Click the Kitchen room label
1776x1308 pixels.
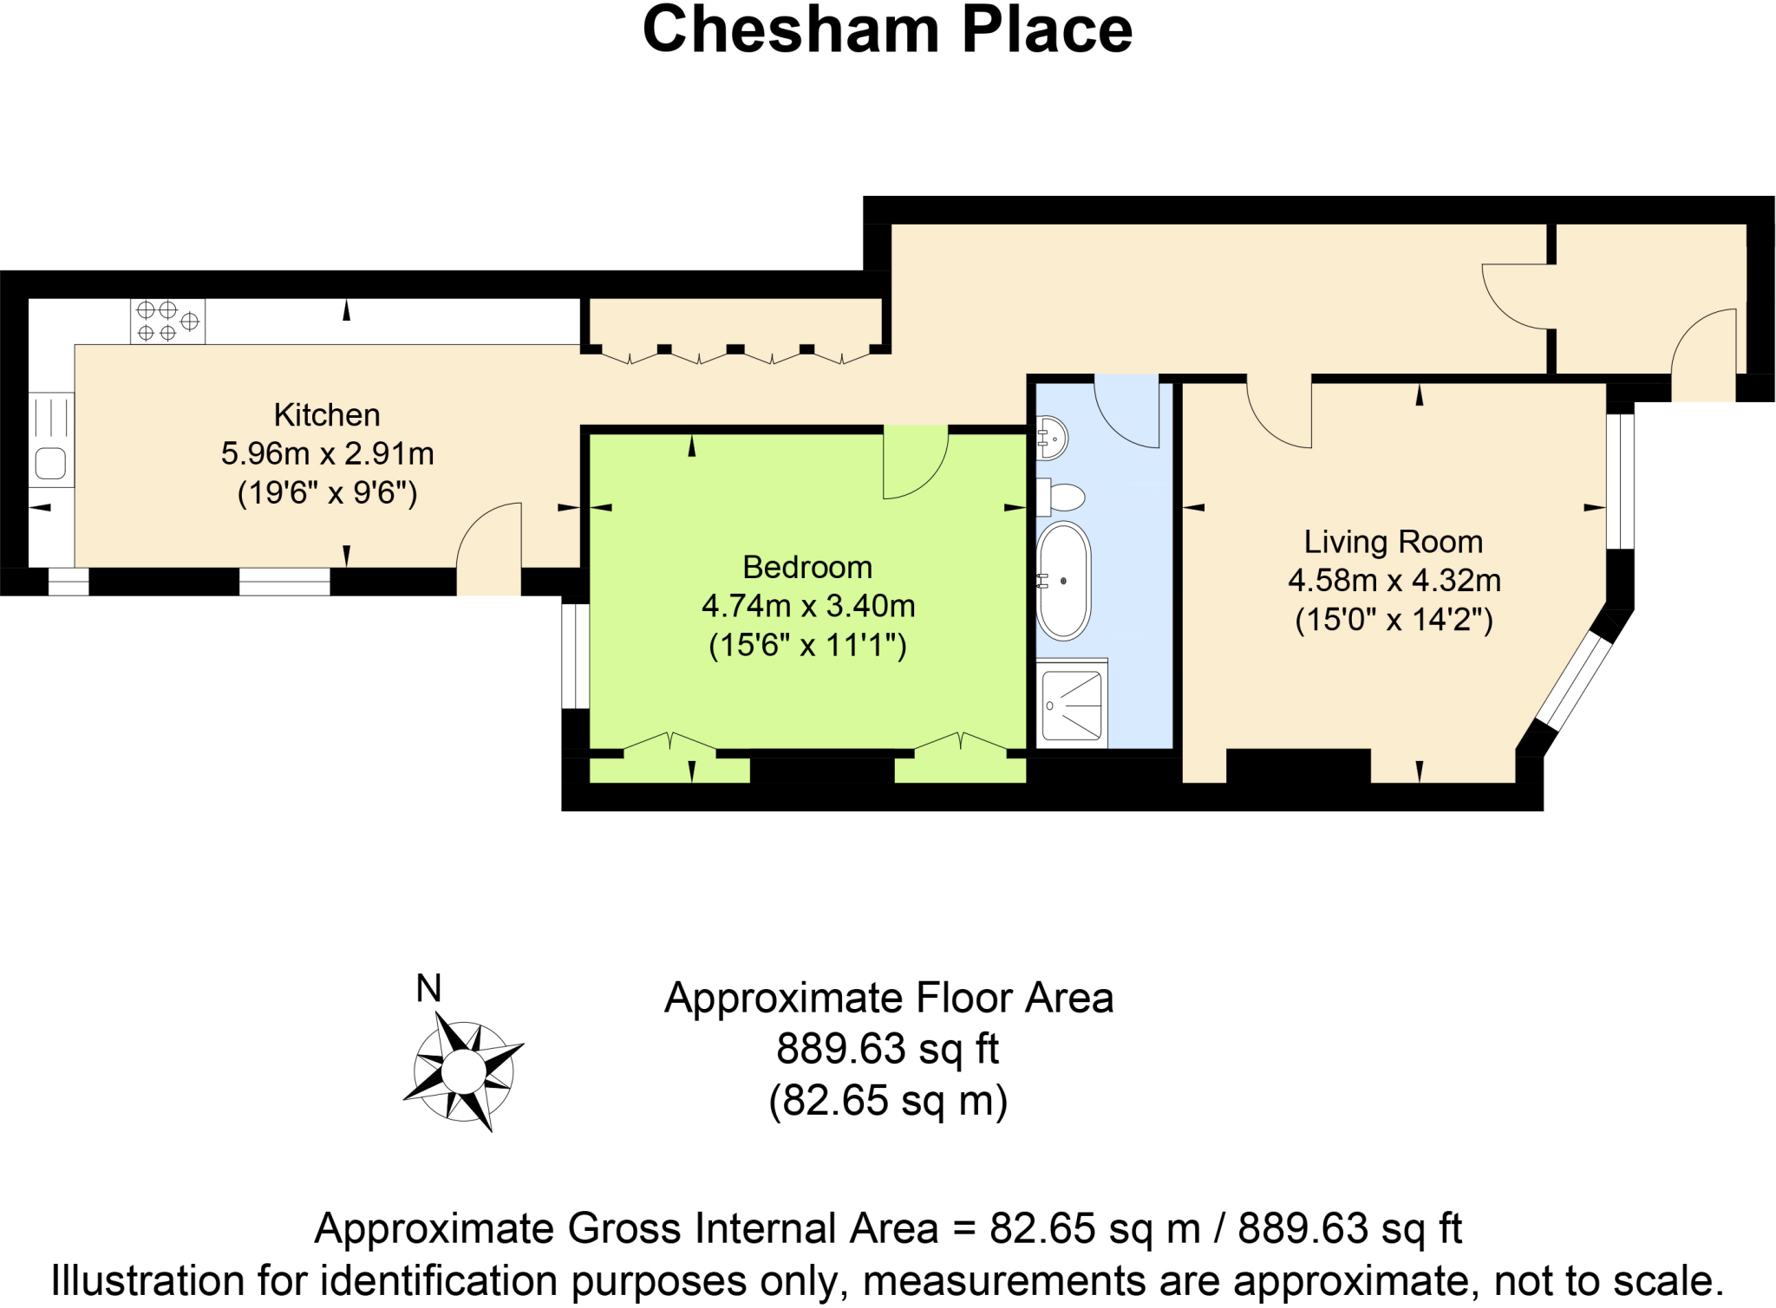point(327,415)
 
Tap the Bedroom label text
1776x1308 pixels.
point(807,567)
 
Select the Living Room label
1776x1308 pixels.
point(1394,542)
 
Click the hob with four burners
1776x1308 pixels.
point(167,322)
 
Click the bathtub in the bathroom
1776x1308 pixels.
point(1063,581)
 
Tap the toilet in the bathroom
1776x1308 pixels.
point(1063,498)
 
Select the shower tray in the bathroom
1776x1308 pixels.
point(1072,705)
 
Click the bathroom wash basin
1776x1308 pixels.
point(1053,438)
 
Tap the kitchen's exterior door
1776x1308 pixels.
point(487,550)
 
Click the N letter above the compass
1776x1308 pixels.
point(428,988)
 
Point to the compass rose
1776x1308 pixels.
point(464,1072)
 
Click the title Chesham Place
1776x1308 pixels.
point(887,30)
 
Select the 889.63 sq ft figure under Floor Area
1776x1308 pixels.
point(887,1049)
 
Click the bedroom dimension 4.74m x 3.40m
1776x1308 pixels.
point(807,606)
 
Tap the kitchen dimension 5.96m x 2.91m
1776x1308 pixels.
point(327,453)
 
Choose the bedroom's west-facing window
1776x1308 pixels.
point(575,656)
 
